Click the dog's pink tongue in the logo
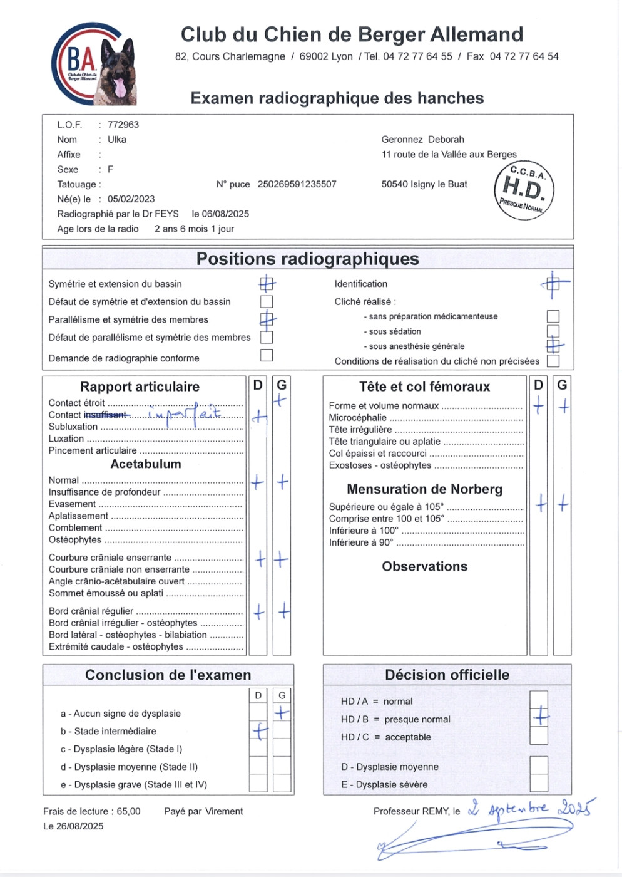pyautogui.click(x=119, y=87)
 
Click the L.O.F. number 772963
pyautogui.click(x=123, y=125)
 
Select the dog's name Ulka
pyautogui.click(x=117, y=140)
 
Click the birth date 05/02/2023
pyautogui.click(x=131, y=199)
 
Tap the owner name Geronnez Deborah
pyautogui.click(x=423, y=140)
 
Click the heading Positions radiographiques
pyautogui.click(x=307, y=259)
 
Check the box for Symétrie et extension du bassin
pyautogui.click(x=267, y=284)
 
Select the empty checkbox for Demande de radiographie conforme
pyautogui.click(x=267, y=355)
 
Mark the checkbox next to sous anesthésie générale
pyautogui.click(x=553, y=345)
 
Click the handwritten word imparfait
pyautogui.click(x=185, y=414)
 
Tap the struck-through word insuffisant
pyautogui.click(x=106, y=415)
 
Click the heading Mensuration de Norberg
pyautogui.click(x=424, y=489)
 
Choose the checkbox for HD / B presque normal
pyautogui.click(x=539, y=717)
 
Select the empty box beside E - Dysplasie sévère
pyautogui.click(x=539, y=783)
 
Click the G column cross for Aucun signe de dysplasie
pyautogui.click(x=282, y=713)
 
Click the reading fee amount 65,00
pyautogui.click(x=128, y=811)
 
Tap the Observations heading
pyautogui.click(x=425, y=566)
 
